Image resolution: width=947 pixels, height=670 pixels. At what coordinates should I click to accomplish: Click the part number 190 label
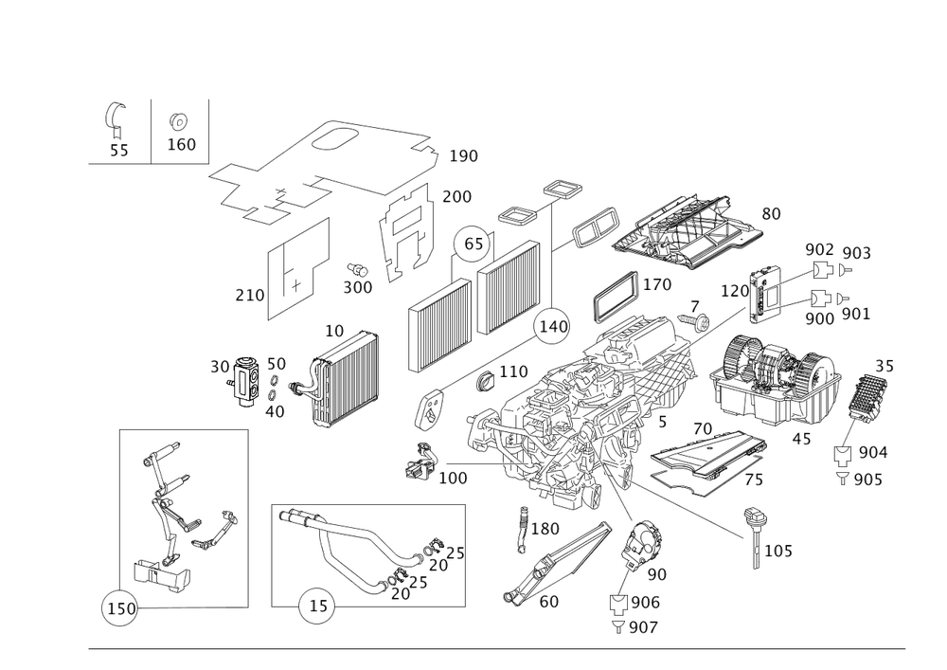coord(464,156)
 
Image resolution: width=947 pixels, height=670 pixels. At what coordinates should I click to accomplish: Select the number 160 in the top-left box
coord(181,145)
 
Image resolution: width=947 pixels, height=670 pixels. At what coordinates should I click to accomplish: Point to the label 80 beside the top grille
coord(771,214)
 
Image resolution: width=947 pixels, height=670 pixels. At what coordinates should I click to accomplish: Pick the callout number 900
coord(821,318)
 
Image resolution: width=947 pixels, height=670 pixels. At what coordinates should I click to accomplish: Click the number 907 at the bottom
coord(643,626)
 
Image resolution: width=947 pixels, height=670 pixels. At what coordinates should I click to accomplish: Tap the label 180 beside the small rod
coord(546,527)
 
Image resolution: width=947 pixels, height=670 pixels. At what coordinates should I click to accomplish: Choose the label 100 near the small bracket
coord(454,480)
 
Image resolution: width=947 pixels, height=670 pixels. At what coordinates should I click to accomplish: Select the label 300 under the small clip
coord(357,287)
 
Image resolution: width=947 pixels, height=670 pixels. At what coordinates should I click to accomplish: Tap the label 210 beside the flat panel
coord(249,297)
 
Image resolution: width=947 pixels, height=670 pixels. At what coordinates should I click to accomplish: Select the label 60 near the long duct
coord(547,601)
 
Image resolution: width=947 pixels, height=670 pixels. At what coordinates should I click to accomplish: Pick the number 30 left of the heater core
coord(220,366)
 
